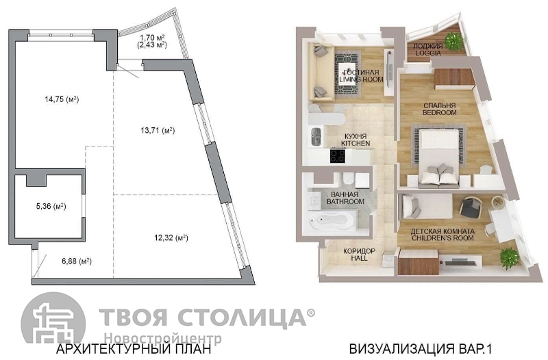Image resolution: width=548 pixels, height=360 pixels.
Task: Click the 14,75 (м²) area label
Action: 62,99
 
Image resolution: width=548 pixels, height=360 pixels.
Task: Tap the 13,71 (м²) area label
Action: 158,131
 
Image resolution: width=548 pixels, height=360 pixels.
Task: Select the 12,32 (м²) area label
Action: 171,238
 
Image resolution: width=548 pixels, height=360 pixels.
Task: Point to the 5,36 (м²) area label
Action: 51,207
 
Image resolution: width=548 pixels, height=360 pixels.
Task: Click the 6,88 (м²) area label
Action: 77,261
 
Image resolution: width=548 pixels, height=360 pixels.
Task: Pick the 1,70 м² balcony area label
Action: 152,38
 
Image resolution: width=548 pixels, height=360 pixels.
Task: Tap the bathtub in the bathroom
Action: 332,220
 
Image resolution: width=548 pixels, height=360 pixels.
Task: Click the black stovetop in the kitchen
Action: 337,156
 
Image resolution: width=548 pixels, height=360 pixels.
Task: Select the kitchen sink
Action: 316,136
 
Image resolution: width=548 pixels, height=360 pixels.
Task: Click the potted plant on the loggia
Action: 453,40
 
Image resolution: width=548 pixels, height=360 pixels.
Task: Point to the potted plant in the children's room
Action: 509,258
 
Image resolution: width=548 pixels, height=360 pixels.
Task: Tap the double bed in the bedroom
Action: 440,156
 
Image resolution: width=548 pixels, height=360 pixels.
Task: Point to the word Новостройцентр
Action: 163,338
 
